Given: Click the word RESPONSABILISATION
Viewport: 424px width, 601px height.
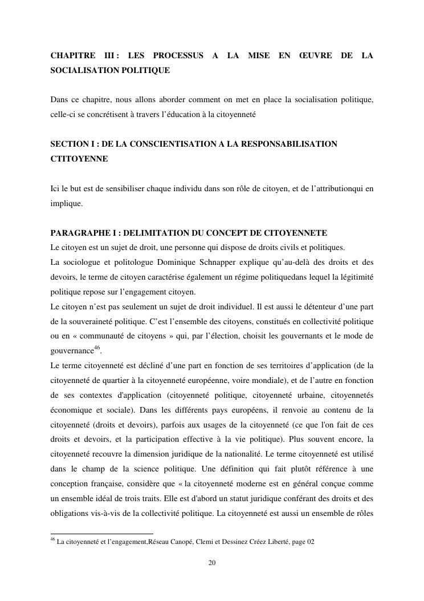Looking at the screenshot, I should pyautogui.click(x=292, y=144).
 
